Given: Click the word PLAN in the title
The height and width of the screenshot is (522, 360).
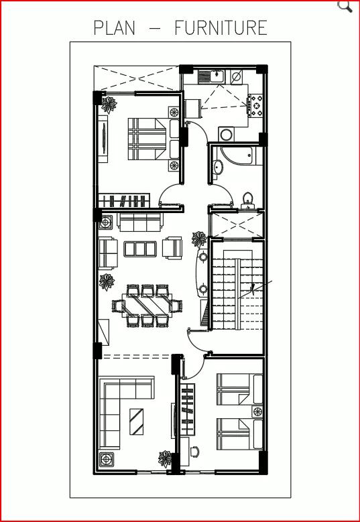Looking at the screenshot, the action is click(x=115, y=27).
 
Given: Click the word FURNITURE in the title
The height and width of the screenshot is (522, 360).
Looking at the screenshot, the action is click(x=221, y=27).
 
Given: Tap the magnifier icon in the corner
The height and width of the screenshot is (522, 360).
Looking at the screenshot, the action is click(x=345, y=6).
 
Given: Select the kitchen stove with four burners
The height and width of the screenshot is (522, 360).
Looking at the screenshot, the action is click(x=255, y=105).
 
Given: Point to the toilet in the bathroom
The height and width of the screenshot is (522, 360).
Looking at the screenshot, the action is click(x=247, y=201).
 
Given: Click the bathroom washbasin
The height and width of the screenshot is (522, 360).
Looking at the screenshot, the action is click(x=218, y=167).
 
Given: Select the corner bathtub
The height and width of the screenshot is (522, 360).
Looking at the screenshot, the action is click(x=237, y=155).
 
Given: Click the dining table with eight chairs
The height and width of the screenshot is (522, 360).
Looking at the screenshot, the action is click(x=147, y=306).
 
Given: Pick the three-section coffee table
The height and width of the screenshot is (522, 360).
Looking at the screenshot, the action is click(x=140, y=249).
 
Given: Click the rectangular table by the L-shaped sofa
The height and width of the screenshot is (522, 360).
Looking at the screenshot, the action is click(x=137, y=421).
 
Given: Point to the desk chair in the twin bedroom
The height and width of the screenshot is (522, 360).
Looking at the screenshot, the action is click(x=194, y=451).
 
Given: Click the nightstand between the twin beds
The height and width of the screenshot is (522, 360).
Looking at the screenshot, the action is click(x=257, y=411).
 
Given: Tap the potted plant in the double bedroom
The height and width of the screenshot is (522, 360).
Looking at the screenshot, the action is click(x=109, y=105).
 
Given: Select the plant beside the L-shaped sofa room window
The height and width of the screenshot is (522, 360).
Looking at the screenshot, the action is click(x=165, y=459).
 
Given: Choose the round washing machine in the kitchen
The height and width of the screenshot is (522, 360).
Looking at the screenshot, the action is click(x=227, y=135).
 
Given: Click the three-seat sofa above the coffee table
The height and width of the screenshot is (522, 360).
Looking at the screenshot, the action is click(x=140, y=222).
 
